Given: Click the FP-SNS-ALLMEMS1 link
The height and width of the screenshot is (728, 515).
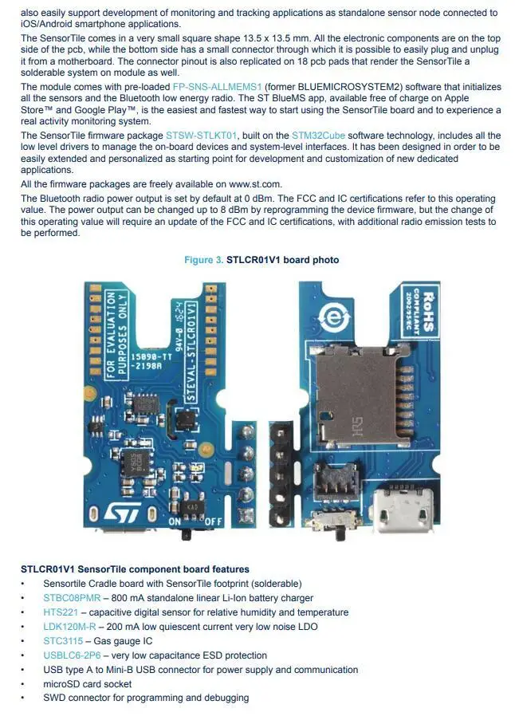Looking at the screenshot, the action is coord(217,87).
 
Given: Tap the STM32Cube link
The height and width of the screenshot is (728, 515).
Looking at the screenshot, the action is coord(318,136).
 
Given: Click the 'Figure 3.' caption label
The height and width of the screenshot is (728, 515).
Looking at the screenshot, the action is coord(203,260).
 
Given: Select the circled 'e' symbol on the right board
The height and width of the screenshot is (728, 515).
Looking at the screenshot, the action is coord(336,320).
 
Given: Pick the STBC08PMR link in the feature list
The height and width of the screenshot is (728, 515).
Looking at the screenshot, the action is coord(72,598).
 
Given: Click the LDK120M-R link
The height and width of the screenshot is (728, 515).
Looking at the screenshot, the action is coord(69,627).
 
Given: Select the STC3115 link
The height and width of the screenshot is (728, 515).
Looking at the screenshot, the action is coord(62,641).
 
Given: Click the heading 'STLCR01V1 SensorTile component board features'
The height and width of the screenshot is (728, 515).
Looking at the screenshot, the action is coord(135,569).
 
